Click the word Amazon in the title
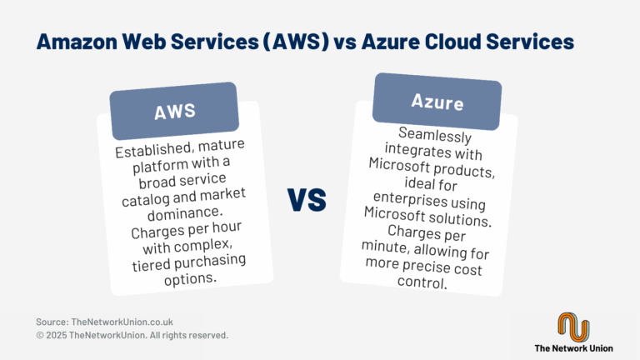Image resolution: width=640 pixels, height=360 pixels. pyautogui.click(x=77, y=42)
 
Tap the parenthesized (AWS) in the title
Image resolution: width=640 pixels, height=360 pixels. pyautogui.click(x=296, y=42)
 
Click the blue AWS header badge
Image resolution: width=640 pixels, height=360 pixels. pyautogui.click(x=174, y=111)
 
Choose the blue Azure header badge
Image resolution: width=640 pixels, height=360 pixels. pyautogui.click(x=437, y=102)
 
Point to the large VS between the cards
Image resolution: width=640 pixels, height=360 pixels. pyautogui.click(x=307, y=200)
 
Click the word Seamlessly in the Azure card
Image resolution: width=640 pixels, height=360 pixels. pyautogui.click(x=435, y=135)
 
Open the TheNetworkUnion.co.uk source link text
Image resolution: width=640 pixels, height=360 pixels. pyautogui.click(x=122, y=322)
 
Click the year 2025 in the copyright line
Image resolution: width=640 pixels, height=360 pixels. pyautogui.click(x=56, y=336)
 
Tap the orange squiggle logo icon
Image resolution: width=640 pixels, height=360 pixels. pyautogui.click(x=573, y=327)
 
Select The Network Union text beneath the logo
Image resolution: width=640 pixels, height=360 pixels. pyautogui.click(x=573, y=348)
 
